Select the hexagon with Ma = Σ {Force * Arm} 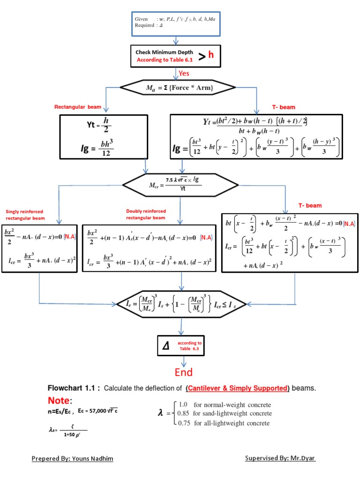click(179, 87)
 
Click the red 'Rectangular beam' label click(78, 107)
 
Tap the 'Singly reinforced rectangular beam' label click(25, 215)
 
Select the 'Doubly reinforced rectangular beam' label click(146, 214)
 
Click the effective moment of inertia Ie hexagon click(181, 304)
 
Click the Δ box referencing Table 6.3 click(181, 346)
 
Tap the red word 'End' click(184, 372)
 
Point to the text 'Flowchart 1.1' click(74, 388)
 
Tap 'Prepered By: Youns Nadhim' click(72, 458)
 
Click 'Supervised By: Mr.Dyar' click(280, 458)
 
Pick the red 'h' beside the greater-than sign click(211, 55)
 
